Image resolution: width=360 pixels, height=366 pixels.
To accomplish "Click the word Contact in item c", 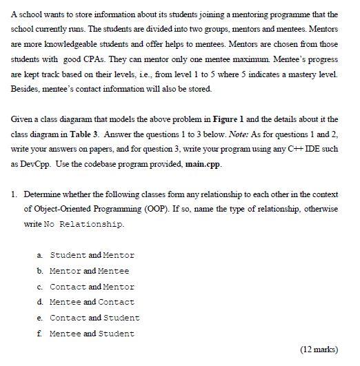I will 68,287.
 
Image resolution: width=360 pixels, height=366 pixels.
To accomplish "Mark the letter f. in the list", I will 40,334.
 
